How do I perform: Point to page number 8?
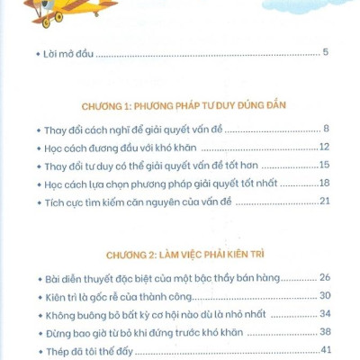(x=327, y=130)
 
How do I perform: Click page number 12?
(x=325, y=148)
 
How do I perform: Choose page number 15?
(x=325, y=166)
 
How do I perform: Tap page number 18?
(x=325, y=183)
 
